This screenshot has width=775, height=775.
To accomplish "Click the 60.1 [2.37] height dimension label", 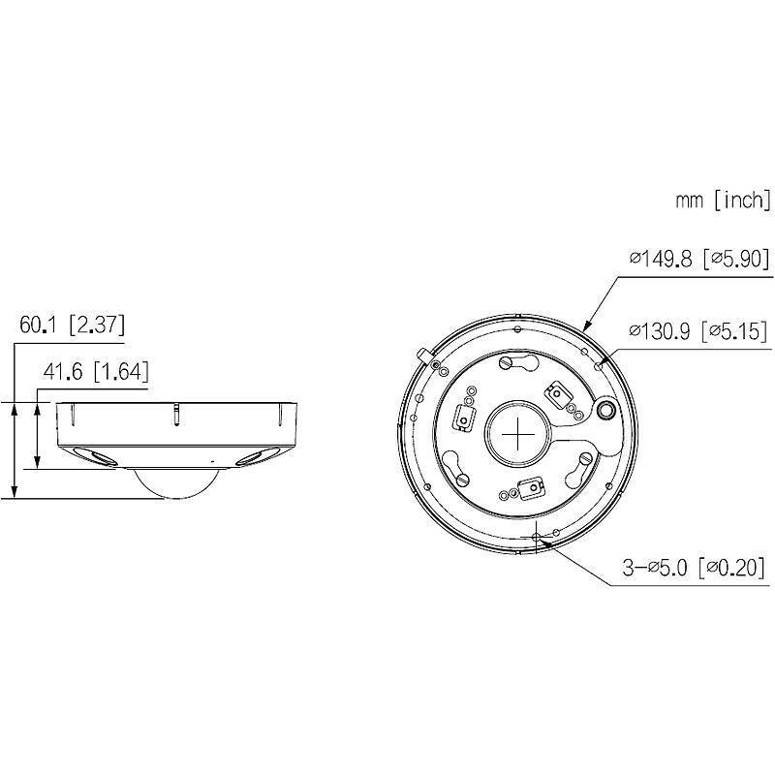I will pos(73,325).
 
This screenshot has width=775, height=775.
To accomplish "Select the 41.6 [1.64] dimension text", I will pos(95,373).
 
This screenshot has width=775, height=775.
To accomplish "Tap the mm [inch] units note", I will pos(723,201).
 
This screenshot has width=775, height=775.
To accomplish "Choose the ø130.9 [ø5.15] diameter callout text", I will pos(698,331).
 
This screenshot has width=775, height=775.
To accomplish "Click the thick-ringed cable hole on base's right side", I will pos(604,411).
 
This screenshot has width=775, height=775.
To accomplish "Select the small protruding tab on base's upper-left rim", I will pos(422,355).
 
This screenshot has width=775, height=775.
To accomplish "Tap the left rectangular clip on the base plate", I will pos(462,417).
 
